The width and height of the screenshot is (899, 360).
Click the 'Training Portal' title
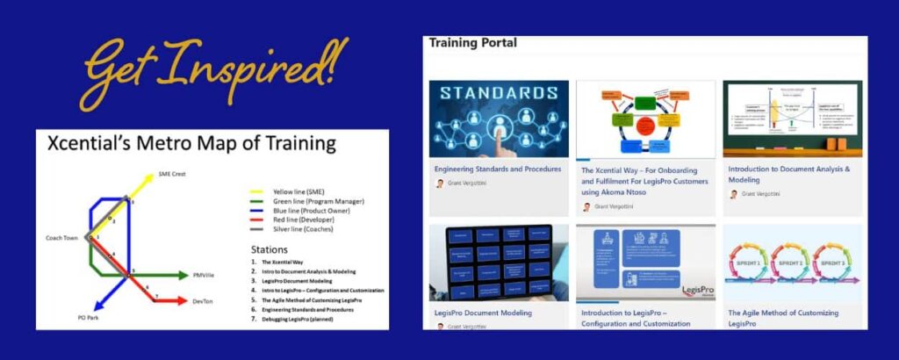coord(472,43)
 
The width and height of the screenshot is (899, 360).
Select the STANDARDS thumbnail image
coord(499,119)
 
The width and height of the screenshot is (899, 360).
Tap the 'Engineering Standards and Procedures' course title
coord(496,168)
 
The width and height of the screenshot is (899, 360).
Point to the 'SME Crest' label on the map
coord(172,174)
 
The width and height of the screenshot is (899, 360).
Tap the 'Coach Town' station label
coord(63,238)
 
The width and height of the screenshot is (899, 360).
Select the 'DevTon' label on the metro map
coord(203,301)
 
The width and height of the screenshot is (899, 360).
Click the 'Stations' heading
coord(270,249)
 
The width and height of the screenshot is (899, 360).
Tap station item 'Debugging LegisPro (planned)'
coord(298,319)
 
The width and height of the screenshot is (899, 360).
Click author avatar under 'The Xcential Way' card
coord(586,207)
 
